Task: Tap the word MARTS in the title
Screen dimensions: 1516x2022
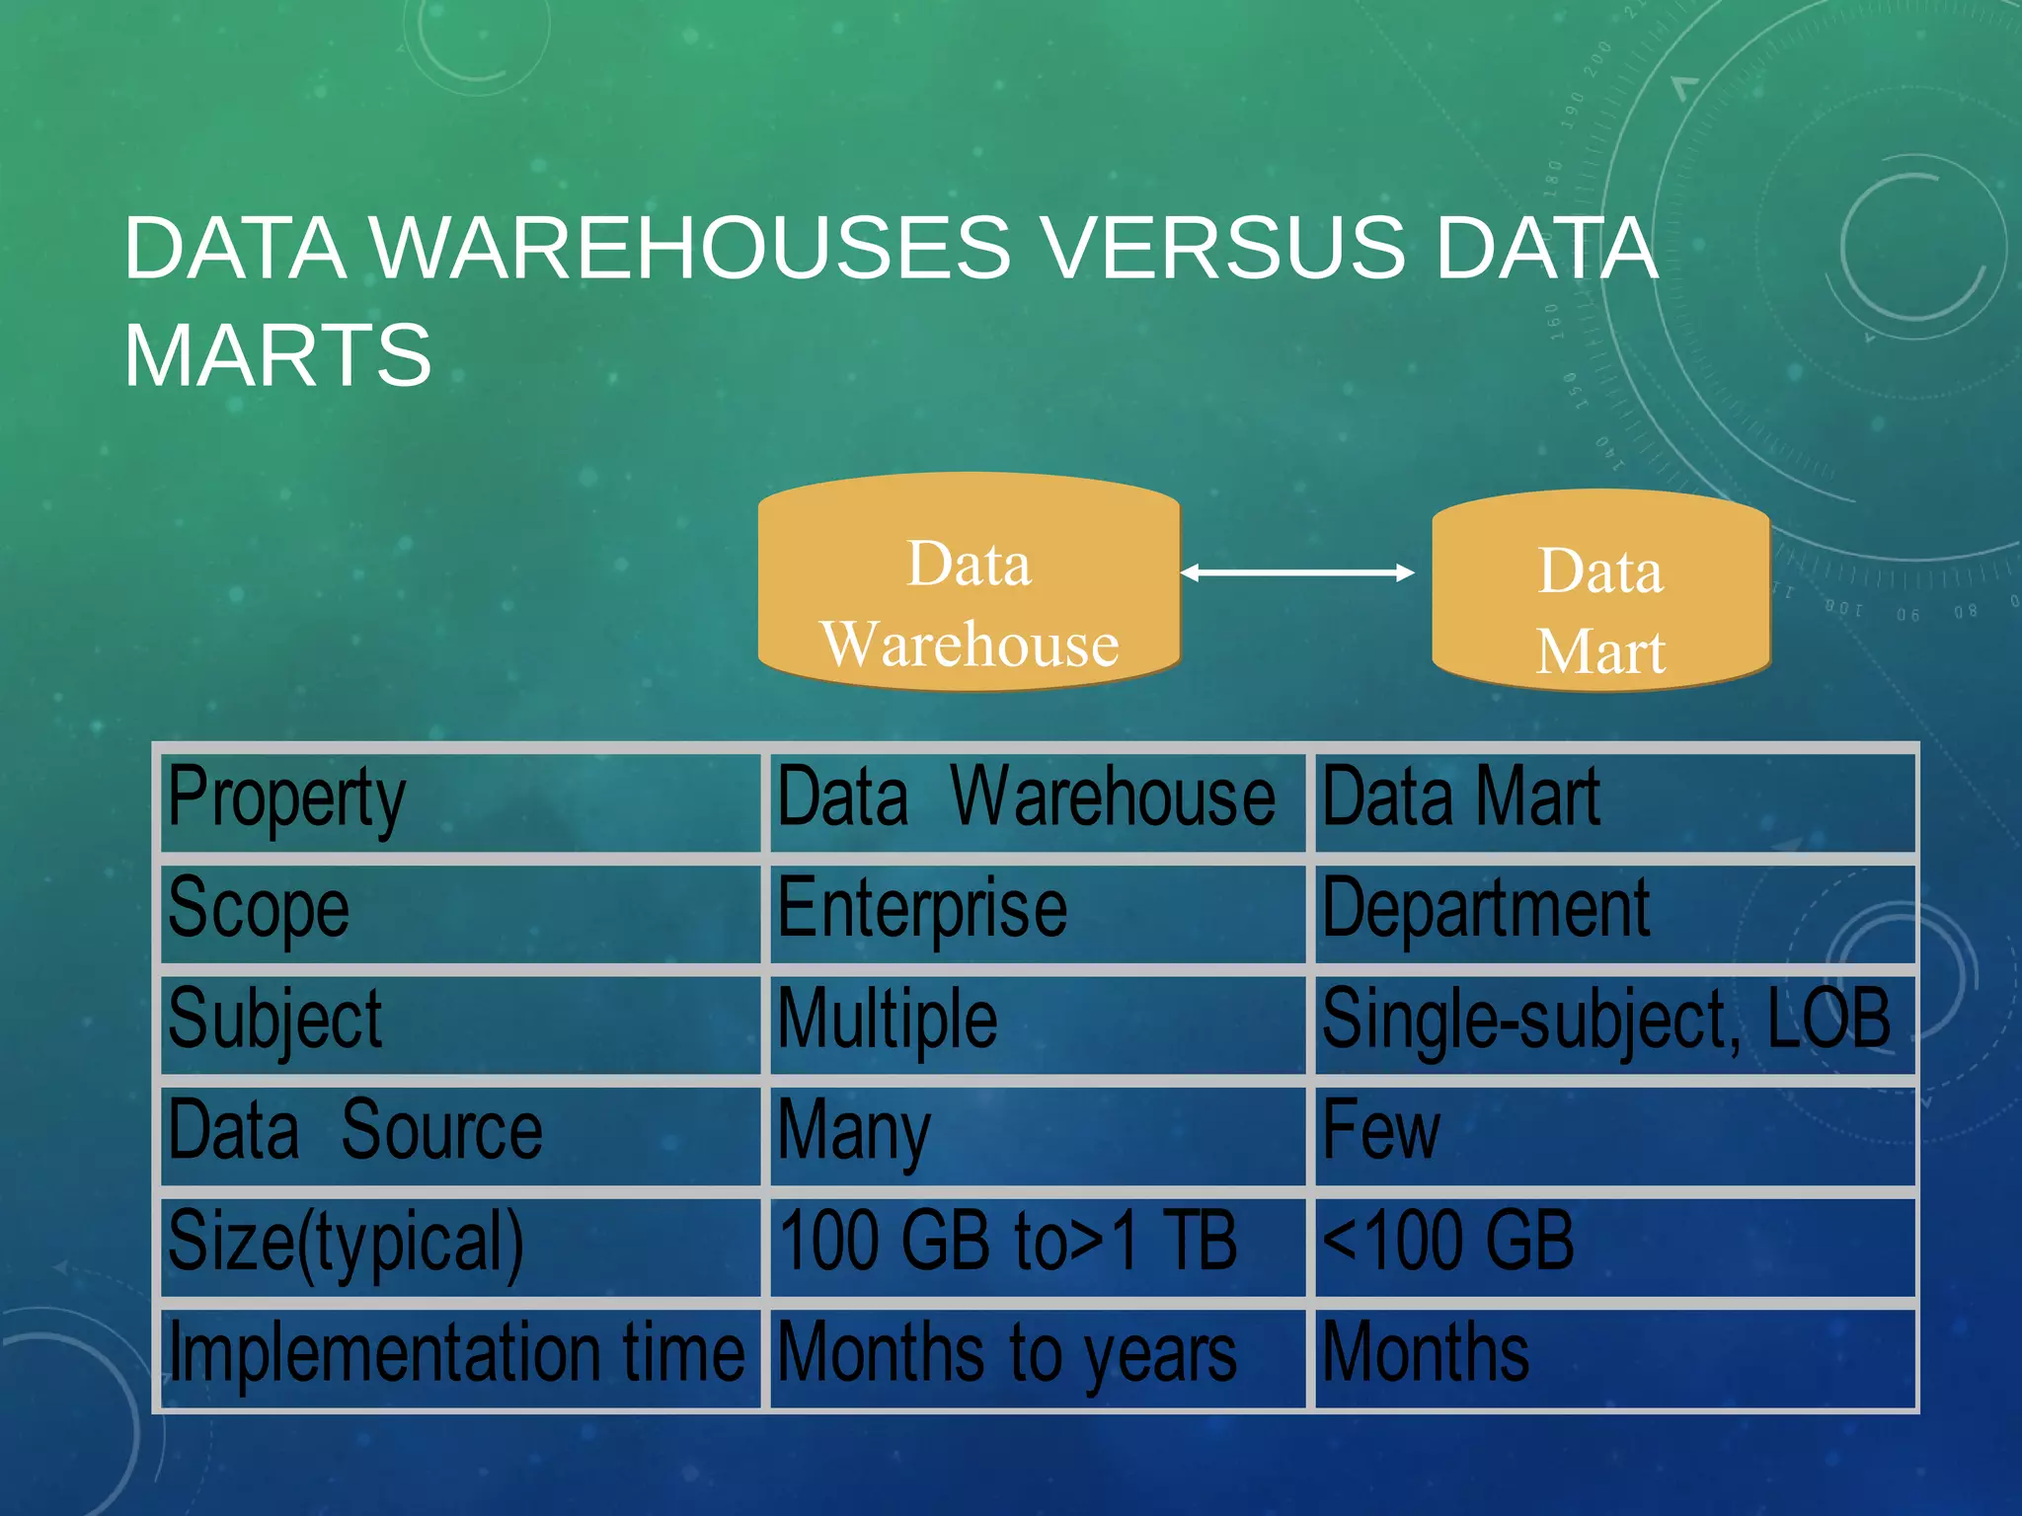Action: coord(277,355)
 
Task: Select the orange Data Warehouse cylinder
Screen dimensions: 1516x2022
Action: coord(969,582)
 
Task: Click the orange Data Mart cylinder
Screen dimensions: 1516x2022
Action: coord(1600,590)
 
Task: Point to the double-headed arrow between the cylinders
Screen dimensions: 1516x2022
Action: coord(1297,572)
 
